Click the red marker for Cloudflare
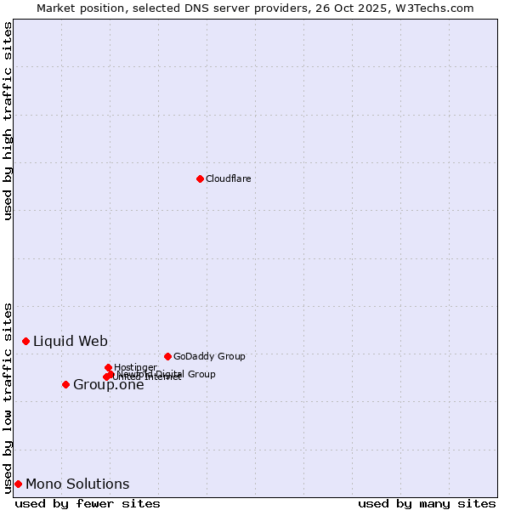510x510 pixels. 200,178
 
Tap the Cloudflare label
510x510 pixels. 228,178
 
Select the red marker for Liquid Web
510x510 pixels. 25,341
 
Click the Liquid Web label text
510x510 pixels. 70,341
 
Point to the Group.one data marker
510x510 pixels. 65,384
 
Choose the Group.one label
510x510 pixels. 108,385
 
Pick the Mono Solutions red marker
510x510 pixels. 18,484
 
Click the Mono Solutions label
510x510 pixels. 77,484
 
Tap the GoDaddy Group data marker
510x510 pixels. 167,356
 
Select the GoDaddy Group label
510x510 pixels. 209,356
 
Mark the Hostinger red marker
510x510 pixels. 108,367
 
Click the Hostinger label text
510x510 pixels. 135,367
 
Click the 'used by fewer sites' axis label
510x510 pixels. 88,503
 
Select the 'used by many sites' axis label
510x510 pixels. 427,503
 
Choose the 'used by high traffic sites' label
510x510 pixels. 8,121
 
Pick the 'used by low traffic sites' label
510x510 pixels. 8,398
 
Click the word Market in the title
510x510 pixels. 57,8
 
